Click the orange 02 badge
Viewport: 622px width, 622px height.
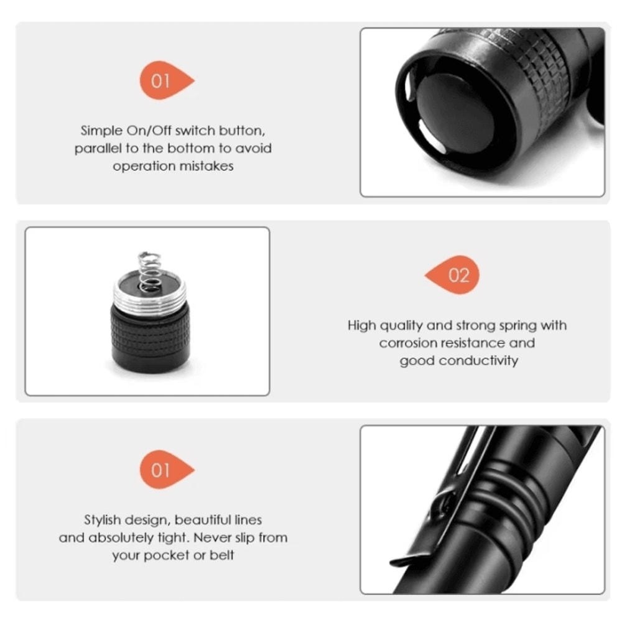pos(456,275)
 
